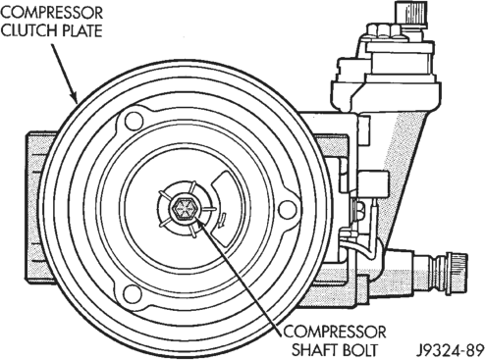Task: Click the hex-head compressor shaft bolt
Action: (x=183, y=209)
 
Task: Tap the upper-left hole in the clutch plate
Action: (x=135, y=121)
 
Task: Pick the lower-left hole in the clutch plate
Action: (x=133, y=293)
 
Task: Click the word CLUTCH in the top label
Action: (x=27, y=30)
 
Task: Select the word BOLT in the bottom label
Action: (x=365, y=349)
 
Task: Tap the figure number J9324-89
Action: (x=451, y=349)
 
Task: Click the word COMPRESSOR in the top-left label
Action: (x=52, y=13)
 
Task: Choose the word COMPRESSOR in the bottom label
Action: (x=335, y=332)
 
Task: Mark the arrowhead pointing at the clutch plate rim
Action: (x=74, y=96)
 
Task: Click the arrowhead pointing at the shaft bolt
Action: (x=199, y=224)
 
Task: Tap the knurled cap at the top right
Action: (x=411, y=14)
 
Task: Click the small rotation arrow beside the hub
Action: (x=222, y=219)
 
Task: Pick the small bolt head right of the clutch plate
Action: (x=356, y=209)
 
